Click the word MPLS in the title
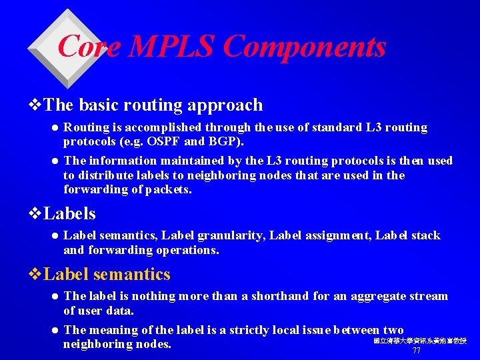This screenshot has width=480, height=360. point(173,47)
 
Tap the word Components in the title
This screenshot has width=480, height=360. point(304,47)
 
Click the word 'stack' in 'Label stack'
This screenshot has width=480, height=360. point(426,235)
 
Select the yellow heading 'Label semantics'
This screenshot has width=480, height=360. point(107,274)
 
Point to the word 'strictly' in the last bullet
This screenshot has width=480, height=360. point(258,330)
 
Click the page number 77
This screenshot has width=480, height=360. point(417,351)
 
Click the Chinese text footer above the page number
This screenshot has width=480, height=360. point(420,341)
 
